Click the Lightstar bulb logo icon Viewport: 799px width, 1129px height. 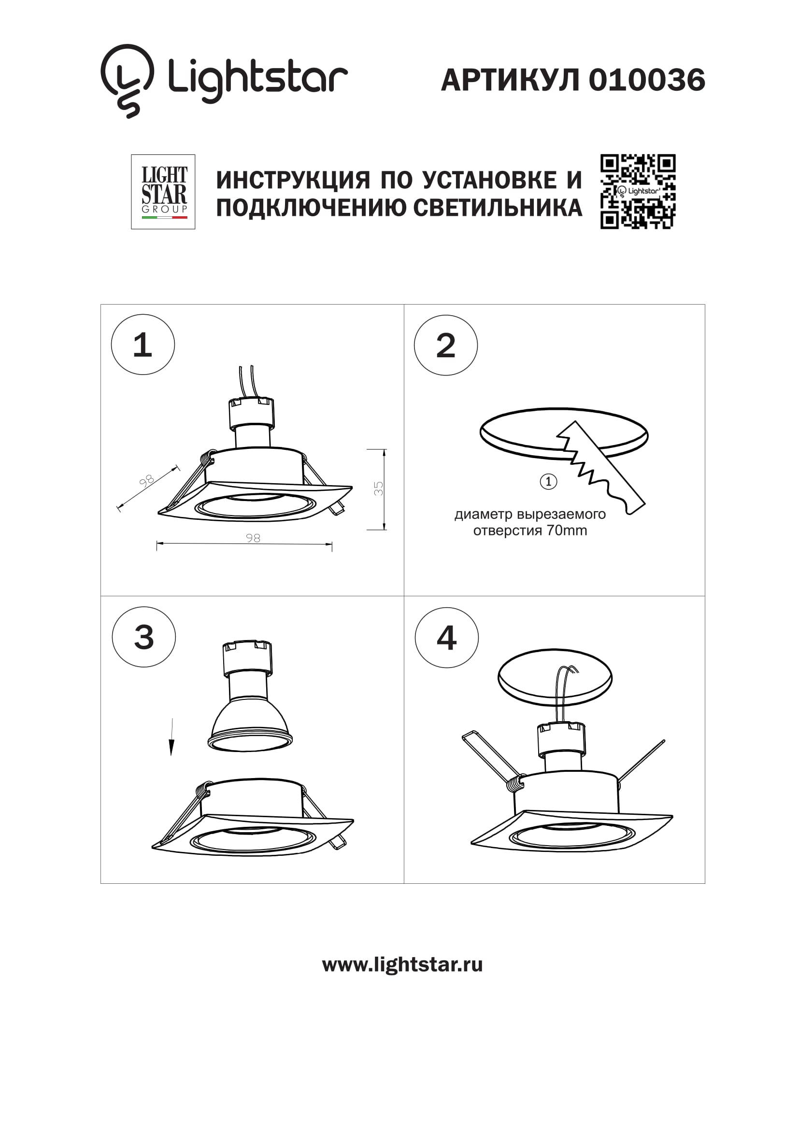(x=127, y=80)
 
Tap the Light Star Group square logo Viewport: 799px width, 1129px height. (x=163, y=192)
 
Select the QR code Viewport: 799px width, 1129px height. (x=638, y=192)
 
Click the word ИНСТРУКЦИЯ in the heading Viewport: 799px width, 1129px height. (x=293, y=180)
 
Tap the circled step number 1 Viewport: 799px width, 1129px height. (x=143, y=345)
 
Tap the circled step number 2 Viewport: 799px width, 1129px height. (x=446, y=346)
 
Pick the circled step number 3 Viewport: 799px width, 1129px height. (x=143, y=637)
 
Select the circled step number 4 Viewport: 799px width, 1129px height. (x=447, y=638)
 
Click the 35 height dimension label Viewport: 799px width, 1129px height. (x=378, y=488)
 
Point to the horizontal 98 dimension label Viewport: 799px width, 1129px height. (x=253, y=538)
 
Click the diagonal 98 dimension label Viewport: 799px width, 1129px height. (x=146, y=481)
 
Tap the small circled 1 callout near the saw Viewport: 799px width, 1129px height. (x=549, y=481)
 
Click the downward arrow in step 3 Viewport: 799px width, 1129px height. (x=171, y=738)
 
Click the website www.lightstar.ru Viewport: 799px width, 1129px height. (x=402, y=965)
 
